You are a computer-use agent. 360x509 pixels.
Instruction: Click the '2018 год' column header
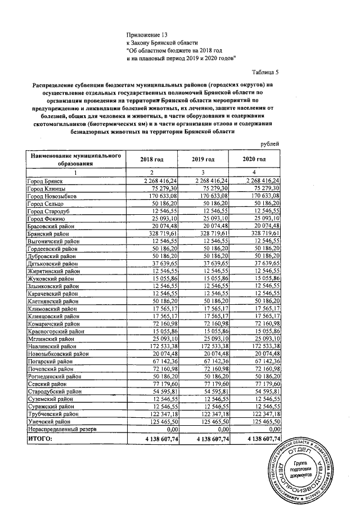coord(151,160)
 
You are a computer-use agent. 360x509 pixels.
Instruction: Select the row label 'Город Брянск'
coord(44,181)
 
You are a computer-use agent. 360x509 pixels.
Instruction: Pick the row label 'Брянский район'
coord(48,232)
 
